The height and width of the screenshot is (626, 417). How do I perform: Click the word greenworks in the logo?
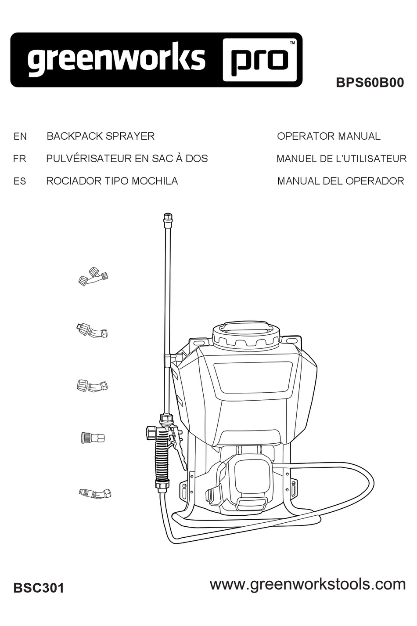coord(116,59)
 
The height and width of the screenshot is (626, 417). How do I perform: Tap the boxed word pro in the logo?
coord(262,60)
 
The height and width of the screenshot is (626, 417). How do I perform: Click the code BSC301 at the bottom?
coord(39,588)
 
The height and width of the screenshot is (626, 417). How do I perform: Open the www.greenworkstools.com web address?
coord(307,584)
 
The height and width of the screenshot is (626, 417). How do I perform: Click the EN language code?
coord(20,137)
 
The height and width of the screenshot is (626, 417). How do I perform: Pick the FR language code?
coord(20,159)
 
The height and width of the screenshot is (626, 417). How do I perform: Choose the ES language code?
coord(20,181)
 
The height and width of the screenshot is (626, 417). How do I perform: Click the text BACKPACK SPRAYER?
coord(101,136)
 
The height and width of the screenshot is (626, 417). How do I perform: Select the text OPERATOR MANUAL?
coord(328,136)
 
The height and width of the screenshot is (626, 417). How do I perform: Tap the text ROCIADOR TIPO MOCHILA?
coord(112,181)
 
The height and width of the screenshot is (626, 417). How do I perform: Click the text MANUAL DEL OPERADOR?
coord(340,181)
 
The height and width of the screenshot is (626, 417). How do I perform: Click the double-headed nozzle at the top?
coord(93,276)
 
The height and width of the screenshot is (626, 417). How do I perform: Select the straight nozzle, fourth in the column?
coord(93,438)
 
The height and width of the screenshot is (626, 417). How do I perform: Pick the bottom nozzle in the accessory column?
coord(95,493)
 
